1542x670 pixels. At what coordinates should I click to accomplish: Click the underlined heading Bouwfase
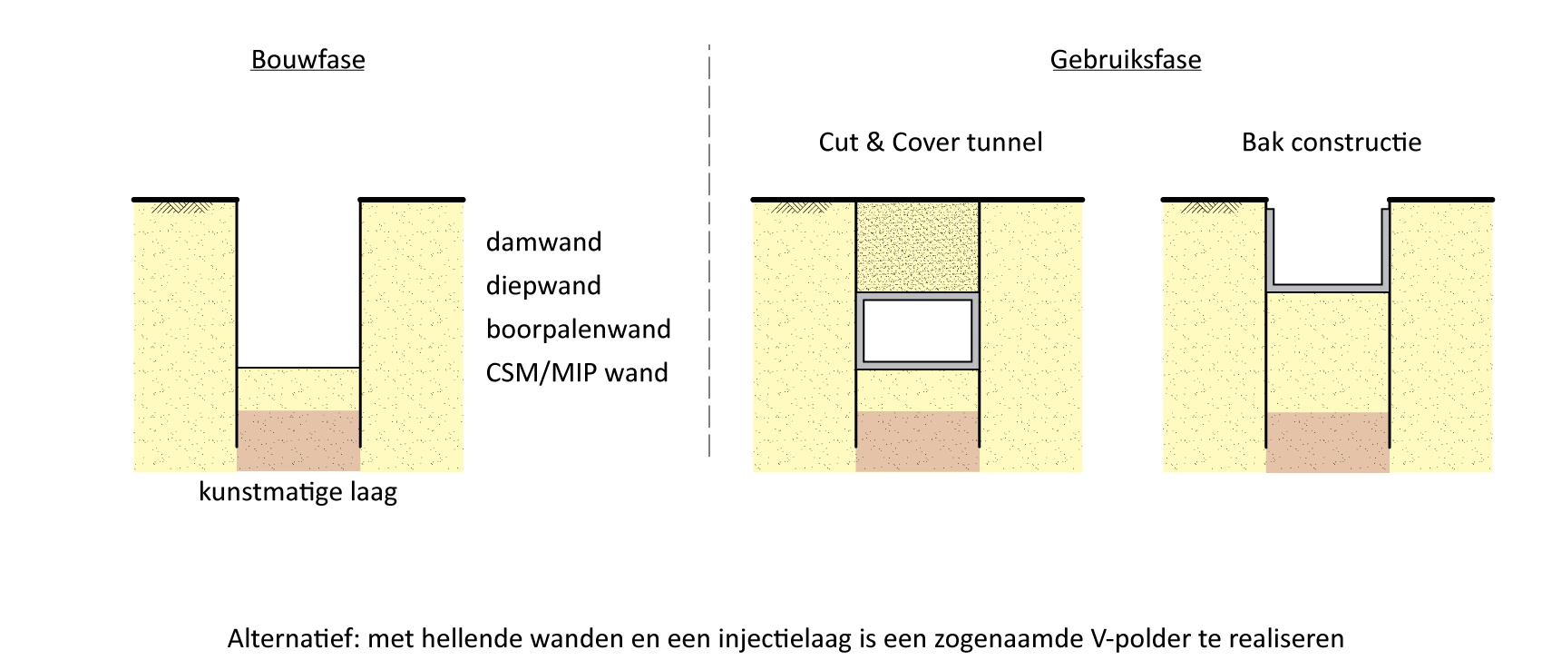(307, 60)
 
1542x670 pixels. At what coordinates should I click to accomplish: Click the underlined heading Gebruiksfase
(1126, 60)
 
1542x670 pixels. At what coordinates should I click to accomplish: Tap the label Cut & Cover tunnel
(930, 143)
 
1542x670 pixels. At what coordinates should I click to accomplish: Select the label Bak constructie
(1331, 143)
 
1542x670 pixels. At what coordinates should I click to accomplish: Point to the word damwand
(543, 242)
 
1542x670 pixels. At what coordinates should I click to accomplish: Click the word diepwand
(543, 286)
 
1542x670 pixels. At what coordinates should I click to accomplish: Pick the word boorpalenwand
(578, 330)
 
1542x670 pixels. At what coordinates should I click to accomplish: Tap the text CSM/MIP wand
(577, 373)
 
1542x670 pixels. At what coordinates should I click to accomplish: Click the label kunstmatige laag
(298, 492)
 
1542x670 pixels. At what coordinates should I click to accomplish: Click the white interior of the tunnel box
(917, 330)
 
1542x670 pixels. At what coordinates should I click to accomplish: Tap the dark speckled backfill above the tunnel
(917, 246)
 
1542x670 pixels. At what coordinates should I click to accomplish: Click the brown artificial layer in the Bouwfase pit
(298, 439)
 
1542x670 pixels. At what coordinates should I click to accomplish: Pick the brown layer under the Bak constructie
(1327, 441)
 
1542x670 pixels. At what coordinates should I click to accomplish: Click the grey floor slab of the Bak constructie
(1327, 287)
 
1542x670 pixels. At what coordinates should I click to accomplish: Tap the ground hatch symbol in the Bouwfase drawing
(181, 208)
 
